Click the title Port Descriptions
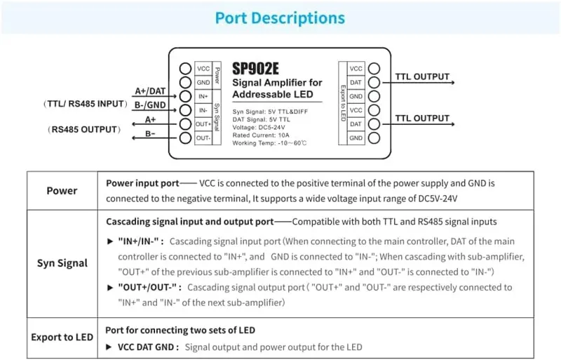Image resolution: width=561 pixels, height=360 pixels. click(280, 18)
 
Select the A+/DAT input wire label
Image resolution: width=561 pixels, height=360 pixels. click(150, 91)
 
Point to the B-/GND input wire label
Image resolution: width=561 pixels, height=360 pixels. click(150, 105)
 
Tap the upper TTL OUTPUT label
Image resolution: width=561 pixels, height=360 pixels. click(421, 76)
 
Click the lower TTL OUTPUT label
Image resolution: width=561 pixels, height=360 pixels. click(421, 118)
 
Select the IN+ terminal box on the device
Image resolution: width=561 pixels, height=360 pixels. click(203, 96)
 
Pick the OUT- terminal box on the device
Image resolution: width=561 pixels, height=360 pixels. click(203, 138)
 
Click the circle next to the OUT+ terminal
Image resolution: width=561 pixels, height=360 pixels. click(186, 124)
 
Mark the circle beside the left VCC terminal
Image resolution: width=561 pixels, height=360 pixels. click(186, 68)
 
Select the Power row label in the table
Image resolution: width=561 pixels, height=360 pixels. click(62, 190)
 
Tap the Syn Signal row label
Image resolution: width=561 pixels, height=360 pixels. click(62, 263)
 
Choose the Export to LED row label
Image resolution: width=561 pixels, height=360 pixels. click(62, 337)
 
